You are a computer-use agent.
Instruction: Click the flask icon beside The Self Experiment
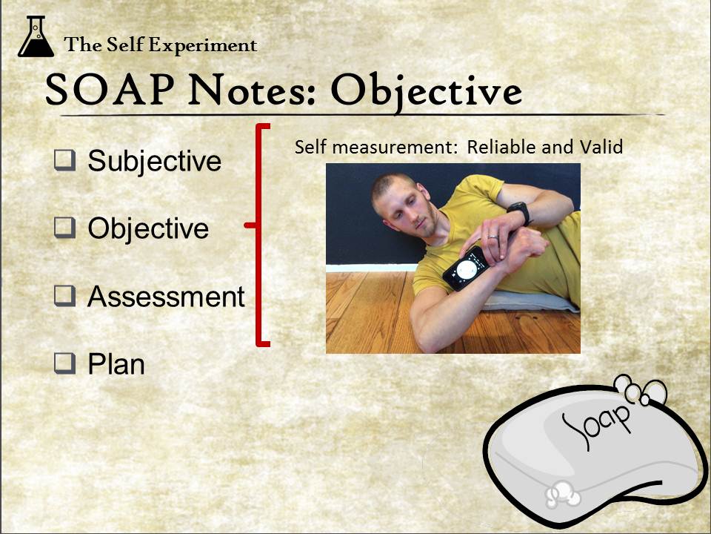(36, 36)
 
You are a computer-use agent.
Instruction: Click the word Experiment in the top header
(203, 45)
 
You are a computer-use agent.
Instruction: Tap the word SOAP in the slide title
(110, 90)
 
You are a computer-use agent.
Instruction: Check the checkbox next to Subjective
(64, 160)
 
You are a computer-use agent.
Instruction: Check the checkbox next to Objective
(64, 228)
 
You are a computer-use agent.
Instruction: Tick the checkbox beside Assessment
(64, 296)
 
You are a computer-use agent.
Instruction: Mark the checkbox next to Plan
(64, 363)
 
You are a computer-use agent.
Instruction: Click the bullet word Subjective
(154, 162)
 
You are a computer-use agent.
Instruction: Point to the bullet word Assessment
(166, 297)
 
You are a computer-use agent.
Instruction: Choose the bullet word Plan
(116, 364)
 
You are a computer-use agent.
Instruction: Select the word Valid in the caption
(601, 147)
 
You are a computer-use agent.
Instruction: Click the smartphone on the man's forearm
(466, 268)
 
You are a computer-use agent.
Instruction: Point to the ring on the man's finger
(493, 237)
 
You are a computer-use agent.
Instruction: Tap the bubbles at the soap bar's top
(640, 390)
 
